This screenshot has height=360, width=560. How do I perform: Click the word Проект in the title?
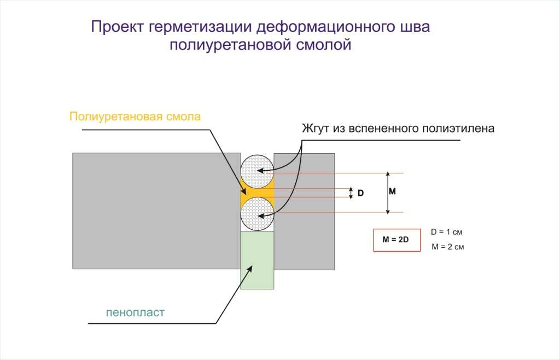point(117,27)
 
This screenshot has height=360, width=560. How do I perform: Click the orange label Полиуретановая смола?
point(135,117)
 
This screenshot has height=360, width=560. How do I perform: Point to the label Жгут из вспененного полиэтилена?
point(398,129)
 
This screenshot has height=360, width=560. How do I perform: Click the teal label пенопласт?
point(136,312)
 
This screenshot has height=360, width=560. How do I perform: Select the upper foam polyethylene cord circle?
point(257,172)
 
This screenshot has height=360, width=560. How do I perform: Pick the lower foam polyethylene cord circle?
point(257,214)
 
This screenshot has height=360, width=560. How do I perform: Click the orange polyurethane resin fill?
point(257,193)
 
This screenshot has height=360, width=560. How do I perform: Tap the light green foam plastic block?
point(257,260)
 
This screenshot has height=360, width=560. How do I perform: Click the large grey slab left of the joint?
point(156,211)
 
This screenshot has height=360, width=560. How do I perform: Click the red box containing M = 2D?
point(397,240)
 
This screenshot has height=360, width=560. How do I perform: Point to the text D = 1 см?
point(446,232)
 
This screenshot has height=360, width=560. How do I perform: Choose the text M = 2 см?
point(448,247)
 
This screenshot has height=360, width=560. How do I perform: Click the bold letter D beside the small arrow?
point(361,193)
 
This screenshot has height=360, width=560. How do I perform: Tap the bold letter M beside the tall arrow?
point(392,191)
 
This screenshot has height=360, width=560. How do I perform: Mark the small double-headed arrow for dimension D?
point(351,193)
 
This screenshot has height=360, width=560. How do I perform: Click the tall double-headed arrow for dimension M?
point(388,193)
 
